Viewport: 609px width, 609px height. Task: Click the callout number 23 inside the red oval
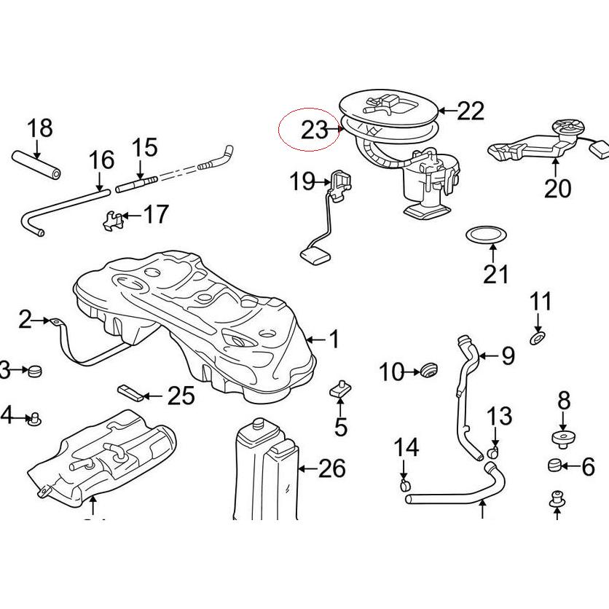click(314, 130)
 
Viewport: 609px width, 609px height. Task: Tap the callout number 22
click(470, 111)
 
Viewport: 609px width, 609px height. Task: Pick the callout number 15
click(144, 147)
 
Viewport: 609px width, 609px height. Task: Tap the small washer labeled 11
click(538, 338)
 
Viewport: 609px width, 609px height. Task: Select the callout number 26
click(331, 468)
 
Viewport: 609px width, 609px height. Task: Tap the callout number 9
click(507, 355)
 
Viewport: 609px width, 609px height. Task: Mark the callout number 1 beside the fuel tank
click(334, 339)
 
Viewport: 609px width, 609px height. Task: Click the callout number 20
click(557, 188)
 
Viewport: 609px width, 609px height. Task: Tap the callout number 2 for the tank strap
click(25, 319)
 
